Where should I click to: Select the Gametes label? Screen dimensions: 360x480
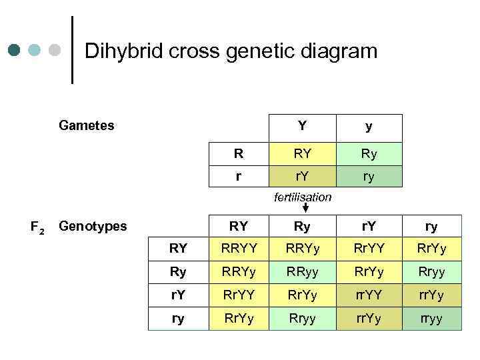(86, 125)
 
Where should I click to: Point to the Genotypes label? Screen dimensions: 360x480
(93, 226)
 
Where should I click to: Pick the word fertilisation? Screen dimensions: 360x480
(302, 197)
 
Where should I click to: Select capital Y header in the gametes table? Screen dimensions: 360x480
(302, 125)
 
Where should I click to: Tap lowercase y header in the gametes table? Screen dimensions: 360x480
(368, 126)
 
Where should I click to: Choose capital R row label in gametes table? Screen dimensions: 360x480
(238, 154)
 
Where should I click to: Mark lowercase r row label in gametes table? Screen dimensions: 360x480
(238, 177)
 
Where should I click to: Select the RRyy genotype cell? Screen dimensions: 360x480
(302, 271)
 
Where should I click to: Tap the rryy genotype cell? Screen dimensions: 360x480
(431, 318)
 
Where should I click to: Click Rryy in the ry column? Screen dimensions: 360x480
(431, 271)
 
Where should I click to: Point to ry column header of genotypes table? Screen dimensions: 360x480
(431, 226)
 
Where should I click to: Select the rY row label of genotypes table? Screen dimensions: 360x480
(178, 294)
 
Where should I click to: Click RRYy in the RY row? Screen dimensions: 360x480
(302, 249)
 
